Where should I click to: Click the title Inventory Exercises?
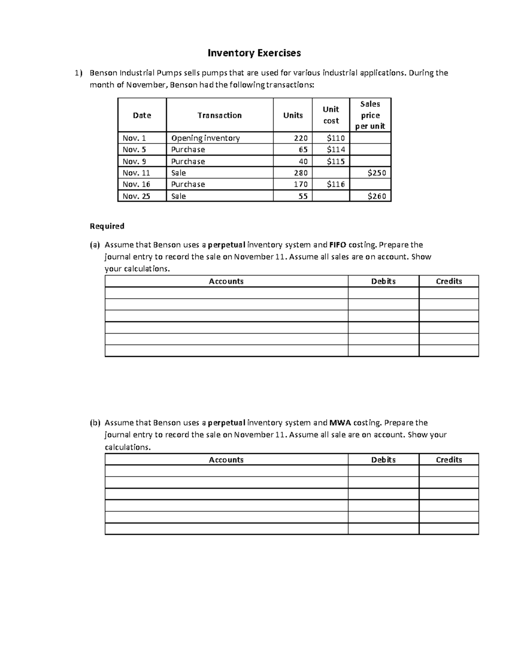254,53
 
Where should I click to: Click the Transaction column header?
219,115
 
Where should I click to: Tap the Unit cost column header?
331,115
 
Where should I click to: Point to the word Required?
107,226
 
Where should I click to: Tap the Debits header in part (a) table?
383,281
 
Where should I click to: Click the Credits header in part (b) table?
449,460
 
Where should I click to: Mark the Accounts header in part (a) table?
226,281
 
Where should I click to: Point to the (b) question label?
95,423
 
